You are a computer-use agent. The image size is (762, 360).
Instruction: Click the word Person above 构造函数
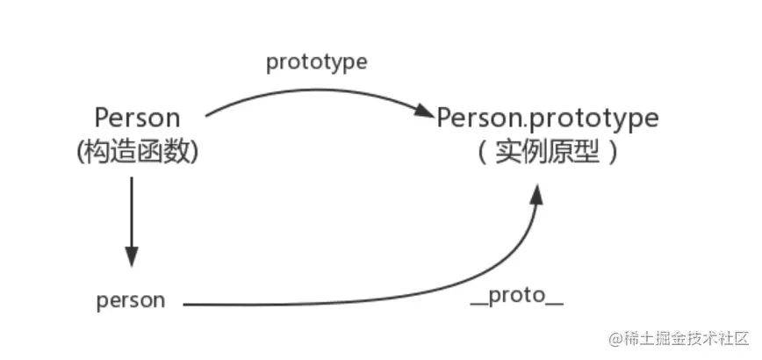coord(138,118)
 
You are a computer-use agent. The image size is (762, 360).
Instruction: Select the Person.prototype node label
coord(548,118)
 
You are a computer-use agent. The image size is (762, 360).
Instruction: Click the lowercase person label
coord(131,300)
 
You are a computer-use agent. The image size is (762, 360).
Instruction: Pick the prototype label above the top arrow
coord(317,63)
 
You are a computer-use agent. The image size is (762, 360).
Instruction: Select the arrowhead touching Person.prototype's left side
coord(425,112)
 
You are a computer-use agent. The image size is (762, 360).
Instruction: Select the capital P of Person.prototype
coord(445,118)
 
